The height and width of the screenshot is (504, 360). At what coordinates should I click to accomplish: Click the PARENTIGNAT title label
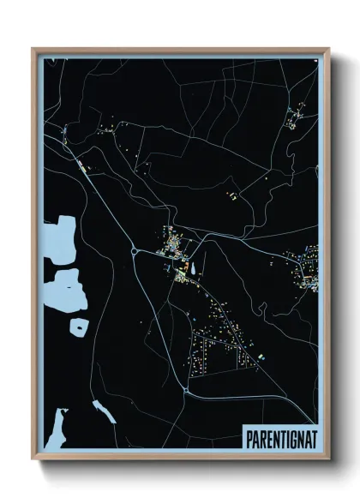click(x=279, y=437)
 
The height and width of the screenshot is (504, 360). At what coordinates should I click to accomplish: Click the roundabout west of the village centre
click(x=135, y=251)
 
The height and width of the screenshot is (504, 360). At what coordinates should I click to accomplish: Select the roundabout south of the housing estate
click(x=186, y=391)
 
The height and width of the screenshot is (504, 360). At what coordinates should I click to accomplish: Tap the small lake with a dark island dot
click(x=78, y=327)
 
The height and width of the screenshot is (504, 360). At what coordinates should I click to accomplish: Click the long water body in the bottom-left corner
click(x=56, y=429)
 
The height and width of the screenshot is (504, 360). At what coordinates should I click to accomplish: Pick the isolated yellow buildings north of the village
click(x=231, y=196)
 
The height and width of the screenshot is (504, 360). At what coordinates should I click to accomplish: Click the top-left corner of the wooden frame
click(x=33, y=49)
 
